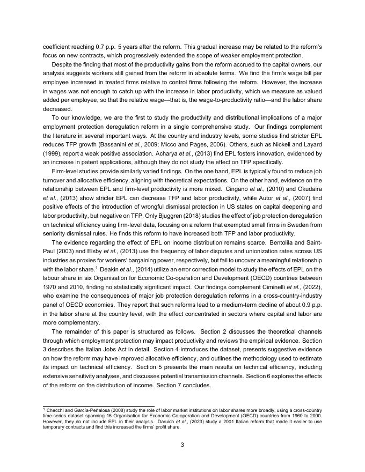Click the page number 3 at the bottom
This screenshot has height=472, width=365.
pos(182,444)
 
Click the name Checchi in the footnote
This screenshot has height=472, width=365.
pos(55,410)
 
